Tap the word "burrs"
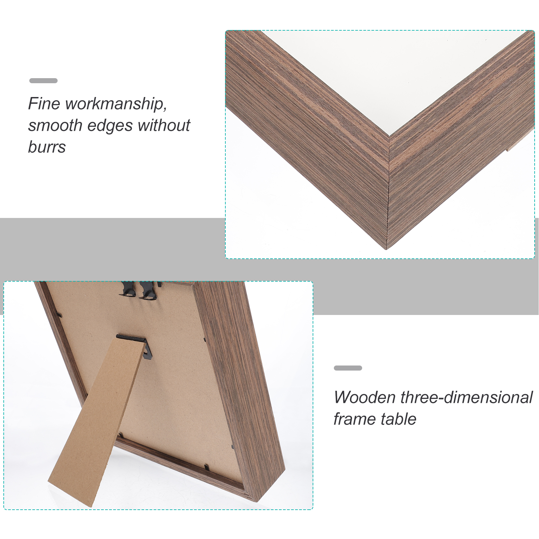tap(47, 147)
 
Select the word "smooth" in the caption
tap(55, 125)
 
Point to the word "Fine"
tap(44, 104)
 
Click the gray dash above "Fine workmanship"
tap(43, 81)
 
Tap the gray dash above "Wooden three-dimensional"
tap(348, 368)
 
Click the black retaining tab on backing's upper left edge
tap(59, 315)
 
